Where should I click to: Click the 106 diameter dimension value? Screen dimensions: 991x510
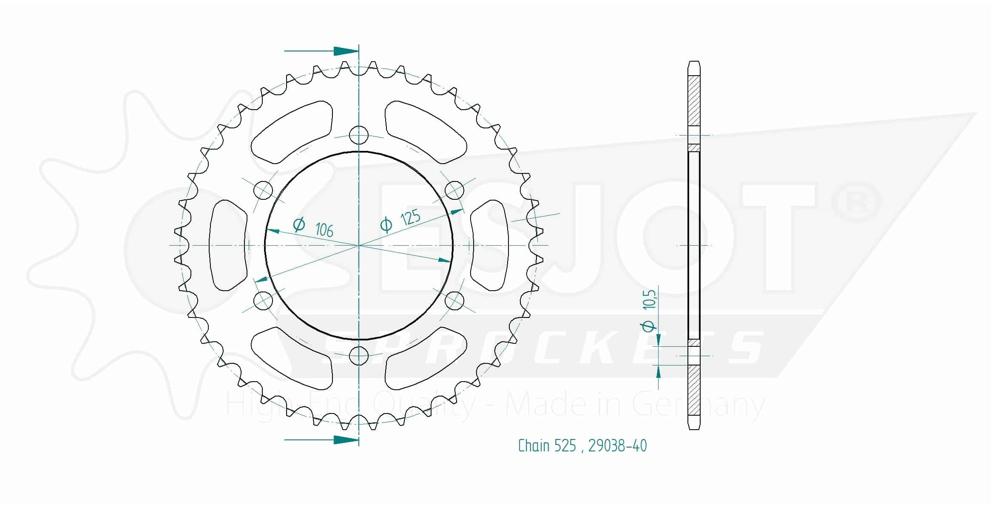click(324, 230)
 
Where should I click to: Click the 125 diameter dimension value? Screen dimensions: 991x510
click(410, 218)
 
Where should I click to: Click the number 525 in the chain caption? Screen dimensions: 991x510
click(565, 446)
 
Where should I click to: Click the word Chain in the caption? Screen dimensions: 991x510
click(534, 446)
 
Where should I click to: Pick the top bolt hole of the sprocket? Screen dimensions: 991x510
click(359, 136)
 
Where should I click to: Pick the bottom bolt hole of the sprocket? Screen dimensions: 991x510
click(359, 356)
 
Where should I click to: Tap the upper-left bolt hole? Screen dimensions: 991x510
click(263, 190)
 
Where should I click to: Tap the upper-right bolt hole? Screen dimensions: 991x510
click(454, 190)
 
